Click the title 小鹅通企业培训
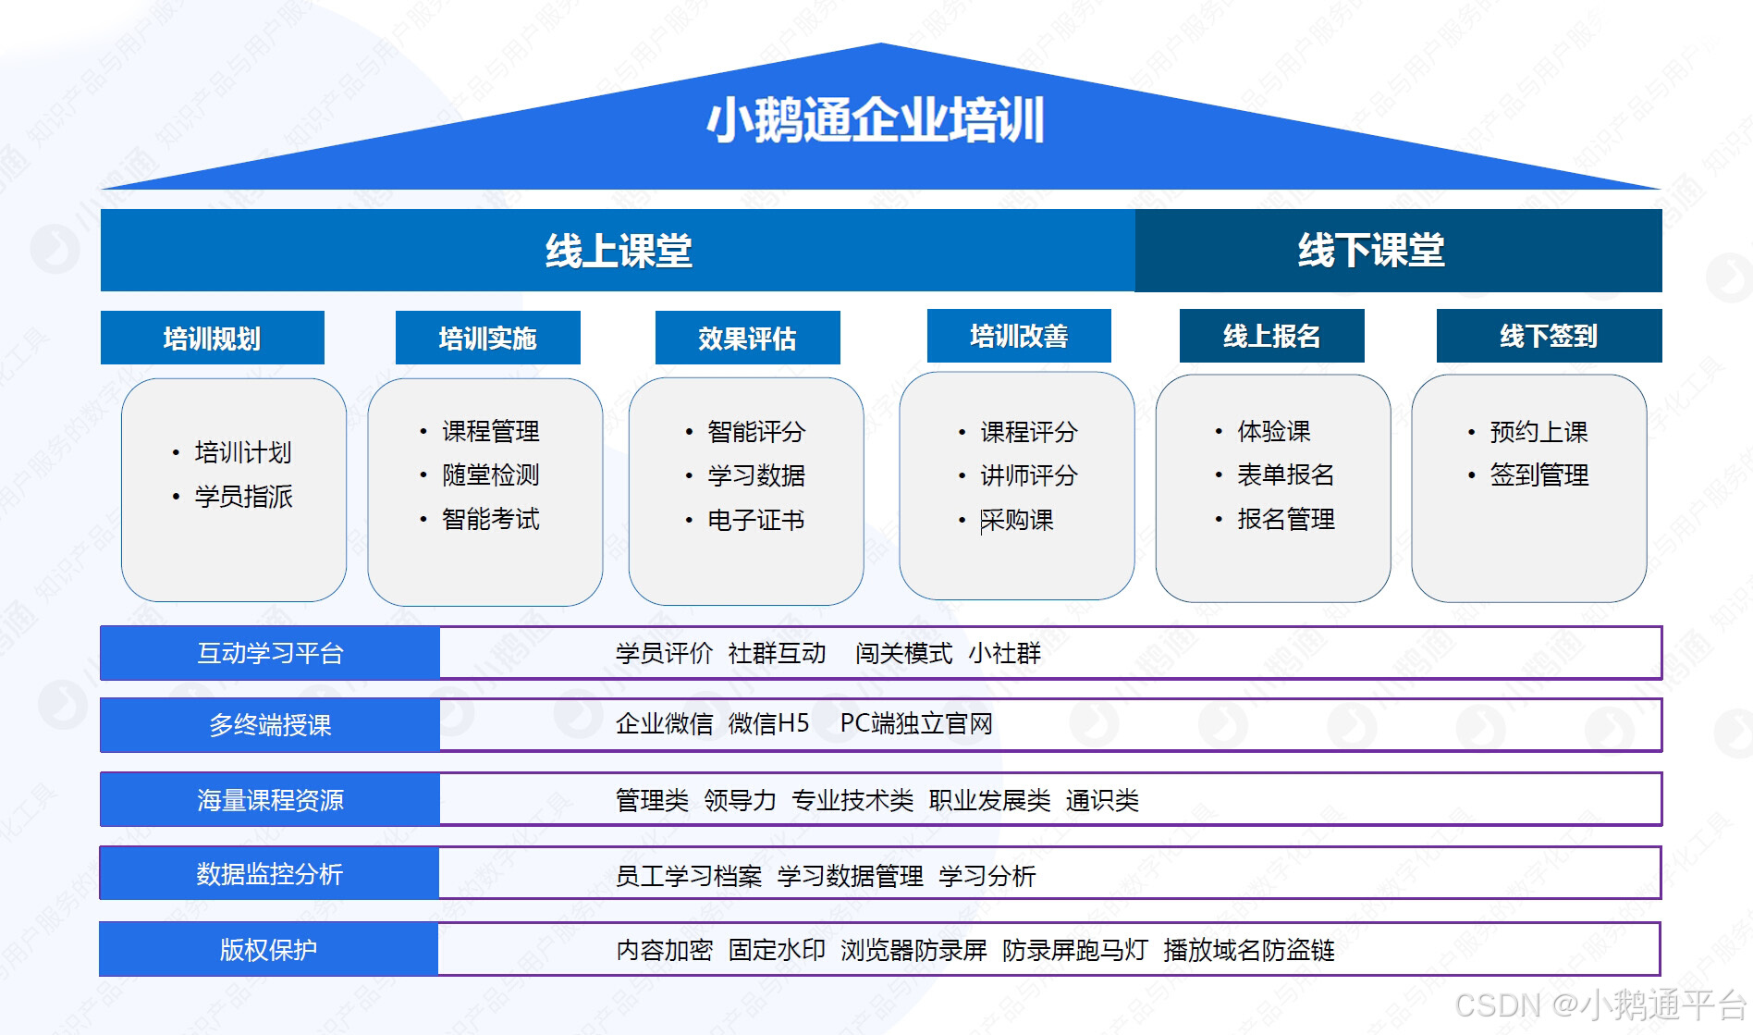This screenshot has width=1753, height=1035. [x=876, y=120]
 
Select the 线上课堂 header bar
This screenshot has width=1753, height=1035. [x=618, y=251]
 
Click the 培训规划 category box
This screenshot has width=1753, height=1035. [x=212, y=338]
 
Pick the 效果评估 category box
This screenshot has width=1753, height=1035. [x=747, y=338]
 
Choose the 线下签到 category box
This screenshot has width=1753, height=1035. [x=1549, y=336]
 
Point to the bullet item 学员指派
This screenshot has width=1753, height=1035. [x=243, y=497]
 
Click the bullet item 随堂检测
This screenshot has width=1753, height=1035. [x=490, y=475]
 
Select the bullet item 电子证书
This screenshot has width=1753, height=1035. [x=755, y=520]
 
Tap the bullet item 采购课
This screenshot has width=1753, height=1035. [x=1016, y=520]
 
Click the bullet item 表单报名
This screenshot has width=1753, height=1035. [x=1285, y=475]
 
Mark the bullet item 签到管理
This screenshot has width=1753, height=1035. [x=1538, y=475]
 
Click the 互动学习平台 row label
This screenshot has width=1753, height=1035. [x=270, y=654]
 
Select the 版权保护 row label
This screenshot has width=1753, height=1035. [x=268, y=949]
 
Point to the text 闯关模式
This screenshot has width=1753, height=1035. [x=903, y=654]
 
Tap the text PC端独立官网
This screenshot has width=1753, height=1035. [x=915, y=723]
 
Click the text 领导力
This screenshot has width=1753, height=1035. [x=740, y=800]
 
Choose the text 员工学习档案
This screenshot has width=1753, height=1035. [x=689, y=875]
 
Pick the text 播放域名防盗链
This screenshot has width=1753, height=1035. [x=1248, y=950]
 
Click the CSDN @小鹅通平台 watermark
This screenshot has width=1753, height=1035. [x=1600, y=1005]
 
